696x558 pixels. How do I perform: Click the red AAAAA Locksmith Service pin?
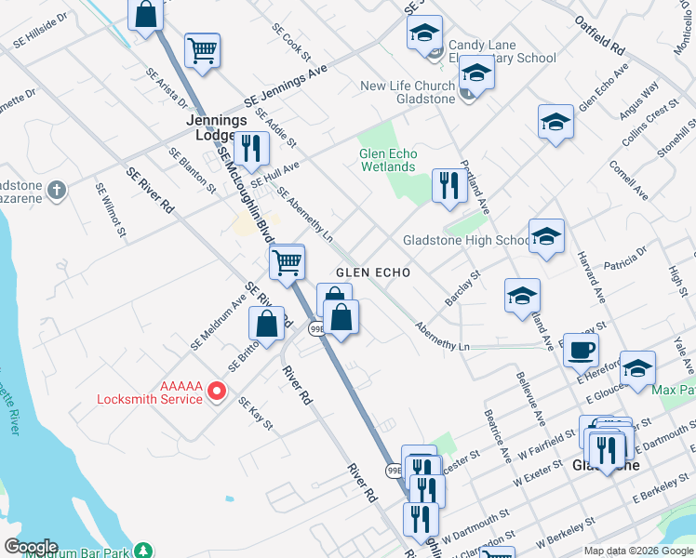coord(217,391)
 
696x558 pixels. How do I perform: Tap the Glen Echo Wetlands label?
coord(387,160)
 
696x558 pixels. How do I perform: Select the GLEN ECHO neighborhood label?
coord(372,272)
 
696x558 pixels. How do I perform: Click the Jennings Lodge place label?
coord(216,127)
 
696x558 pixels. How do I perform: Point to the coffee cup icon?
coord(582,350)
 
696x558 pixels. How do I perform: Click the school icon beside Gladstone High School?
coord(547,238)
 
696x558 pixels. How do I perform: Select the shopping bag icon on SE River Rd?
coord(267,324)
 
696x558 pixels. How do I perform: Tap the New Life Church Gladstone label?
coord(408,92)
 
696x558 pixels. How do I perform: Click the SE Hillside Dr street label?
coord(40,30)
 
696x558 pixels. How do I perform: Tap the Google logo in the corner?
coord(30,547)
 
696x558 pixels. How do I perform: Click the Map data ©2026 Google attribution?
coord(638,551)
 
